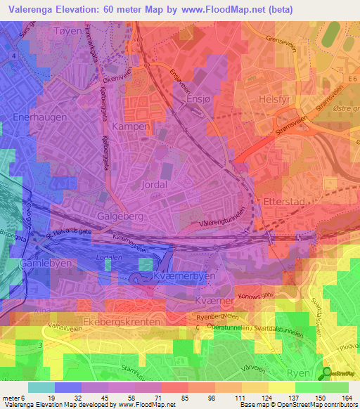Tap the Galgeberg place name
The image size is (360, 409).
[x=117, y=217]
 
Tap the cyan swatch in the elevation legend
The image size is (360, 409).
[x=41, y=387]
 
